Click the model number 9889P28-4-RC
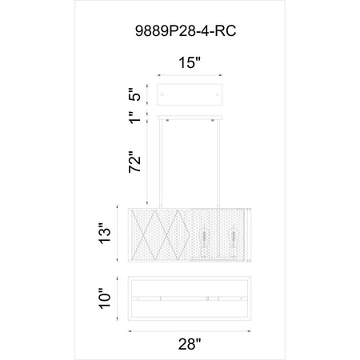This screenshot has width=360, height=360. coord(186,31)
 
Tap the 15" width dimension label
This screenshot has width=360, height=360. coord(190,63)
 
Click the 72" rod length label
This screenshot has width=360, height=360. coord(135,162)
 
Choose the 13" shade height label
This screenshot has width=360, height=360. coord(105,234)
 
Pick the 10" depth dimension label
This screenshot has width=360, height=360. coord(105,298)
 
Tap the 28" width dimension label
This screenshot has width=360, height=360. coord(190,344)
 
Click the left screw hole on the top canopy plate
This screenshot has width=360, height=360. coord(162,94)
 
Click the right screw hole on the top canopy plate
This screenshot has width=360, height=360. coord(217,94)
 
